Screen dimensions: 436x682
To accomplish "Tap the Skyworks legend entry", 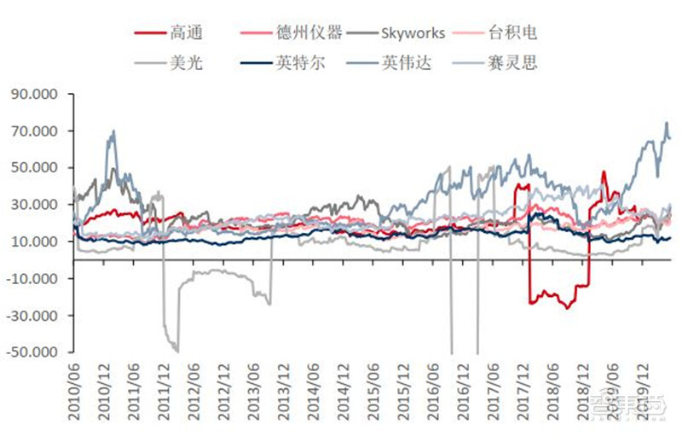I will (x=410, y=33).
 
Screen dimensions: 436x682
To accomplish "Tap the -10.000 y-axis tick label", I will (x=37, y=278).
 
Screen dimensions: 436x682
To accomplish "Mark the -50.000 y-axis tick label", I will (x=37, y=352).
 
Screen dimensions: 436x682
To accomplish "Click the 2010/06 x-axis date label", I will (x=75, y=389).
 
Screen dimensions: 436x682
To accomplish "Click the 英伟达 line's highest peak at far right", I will (x=667, y=123).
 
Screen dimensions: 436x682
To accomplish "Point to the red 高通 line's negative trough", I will (x=568, y=306).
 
